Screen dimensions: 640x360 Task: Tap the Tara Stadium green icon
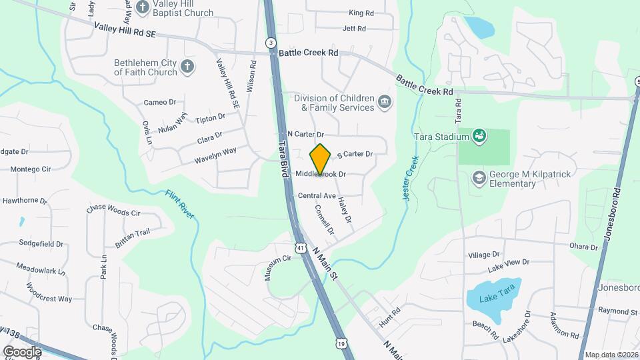[x=479, y=137]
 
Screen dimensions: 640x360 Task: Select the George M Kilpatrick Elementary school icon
[x=479, y=177]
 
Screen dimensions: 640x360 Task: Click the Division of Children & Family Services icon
[x=385, y=102]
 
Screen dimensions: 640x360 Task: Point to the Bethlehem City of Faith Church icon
[x=188, y=67]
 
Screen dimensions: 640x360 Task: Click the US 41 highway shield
[x=301, y=248]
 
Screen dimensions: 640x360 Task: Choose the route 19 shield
[x=341, y=343]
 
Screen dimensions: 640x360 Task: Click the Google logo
[x=22, y=351]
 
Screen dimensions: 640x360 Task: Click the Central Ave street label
[x=317, y=196]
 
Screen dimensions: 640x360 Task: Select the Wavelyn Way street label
[x=215, y=155]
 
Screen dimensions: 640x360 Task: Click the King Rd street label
[x=361, y=13]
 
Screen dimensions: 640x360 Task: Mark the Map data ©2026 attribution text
[x=611, y=355]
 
